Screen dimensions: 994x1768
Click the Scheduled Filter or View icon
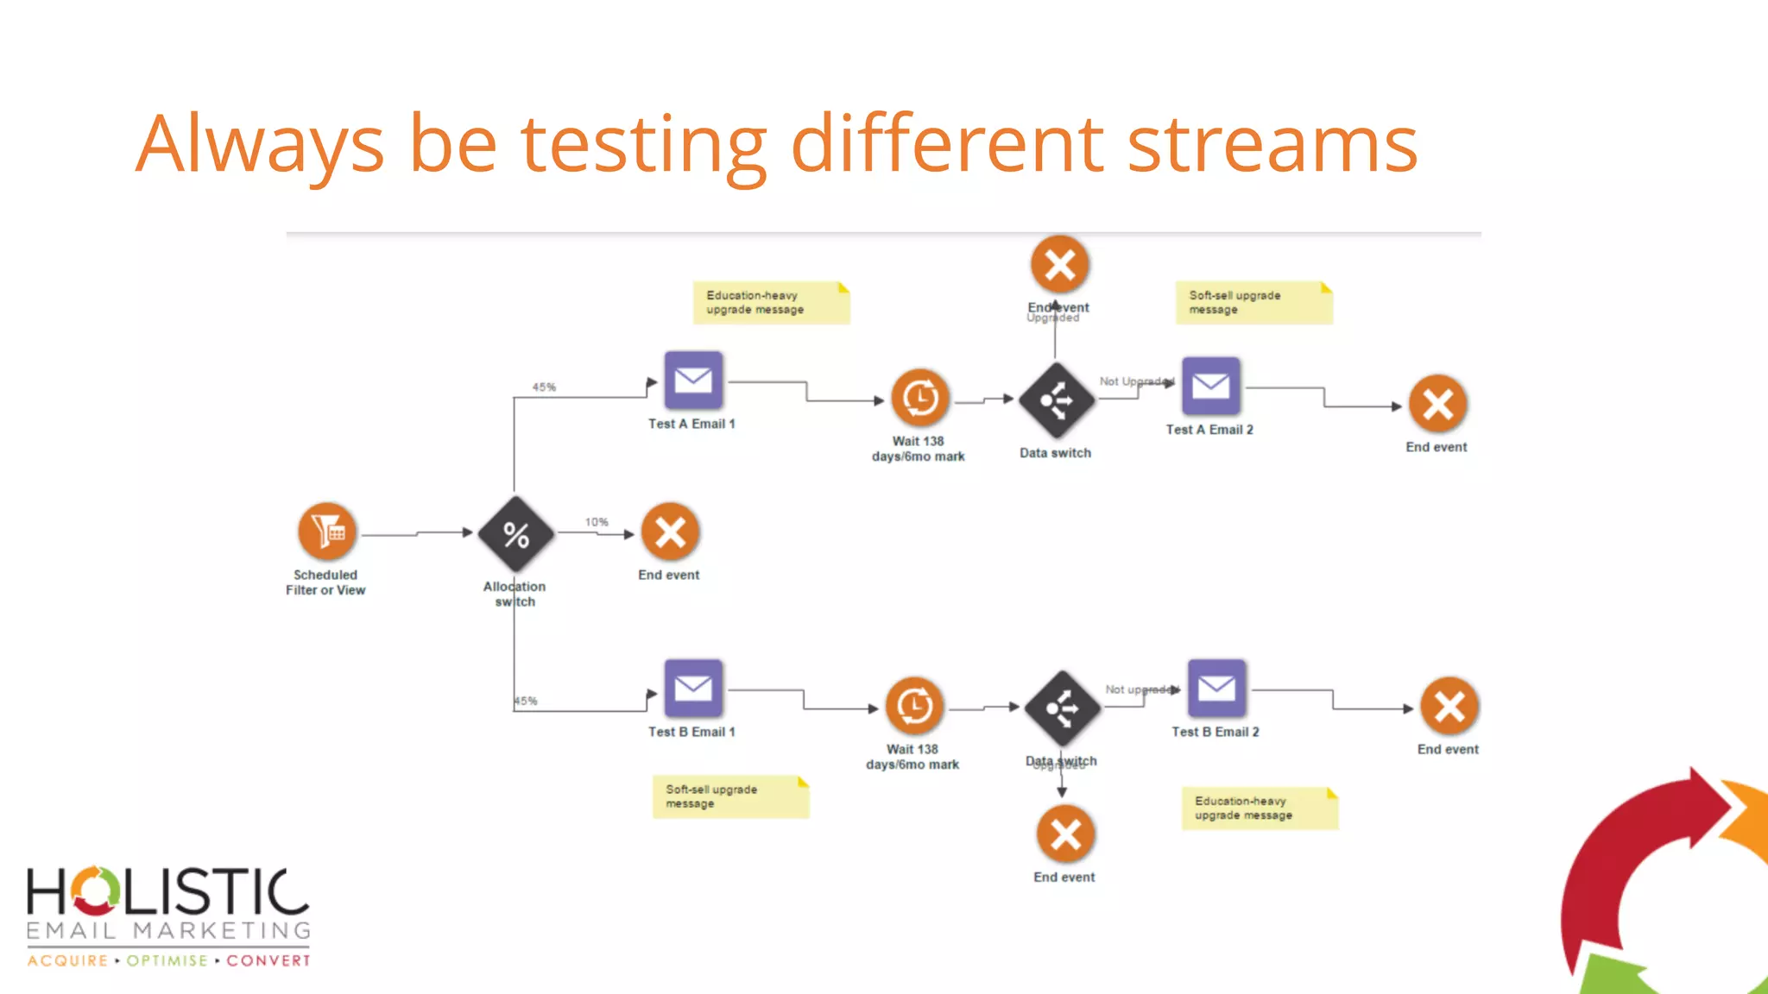click(x=326, y=532)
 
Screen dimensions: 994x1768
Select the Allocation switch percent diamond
click(x=516, y=534)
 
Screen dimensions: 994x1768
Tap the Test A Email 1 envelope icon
click(x=693, y=381)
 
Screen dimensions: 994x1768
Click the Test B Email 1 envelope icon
click(x=693, y=689)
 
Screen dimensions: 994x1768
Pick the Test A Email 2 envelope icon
click(x=1210, y=386)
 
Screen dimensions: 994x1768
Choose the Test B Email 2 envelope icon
click(x=1216, y=689)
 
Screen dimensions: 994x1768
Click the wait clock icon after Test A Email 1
click(x=919, y=398)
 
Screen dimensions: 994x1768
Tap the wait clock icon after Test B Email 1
click(x=914, y=707)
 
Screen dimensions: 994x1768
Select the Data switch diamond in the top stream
click(x=1056, y=400)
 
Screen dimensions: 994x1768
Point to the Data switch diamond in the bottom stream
click(x=1062, y=708)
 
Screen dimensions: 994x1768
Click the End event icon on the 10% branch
click(x=670, y=532)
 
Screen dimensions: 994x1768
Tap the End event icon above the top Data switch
click(x=1059, y=265)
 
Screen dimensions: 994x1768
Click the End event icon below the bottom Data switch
click(x=1065, y=834)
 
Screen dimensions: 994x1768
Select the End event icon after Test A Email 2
click(x=1437, y=404)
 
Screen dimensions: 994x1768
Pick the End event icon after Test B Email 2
click(x=1449, y=707)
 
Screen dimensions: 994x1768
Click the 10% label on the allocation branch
click(x=597, y=522)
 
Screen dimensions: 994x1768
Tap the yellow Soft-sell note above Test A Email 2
click(x=1253, y=303)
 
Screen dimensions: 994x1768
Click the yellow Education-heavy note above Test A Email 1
click(x=771, y=303)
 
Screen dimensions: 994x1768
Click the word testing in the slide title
click(x=643, y=144)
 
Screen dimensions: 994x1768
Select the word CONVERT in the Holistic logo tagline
click(x=268, y=960)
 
